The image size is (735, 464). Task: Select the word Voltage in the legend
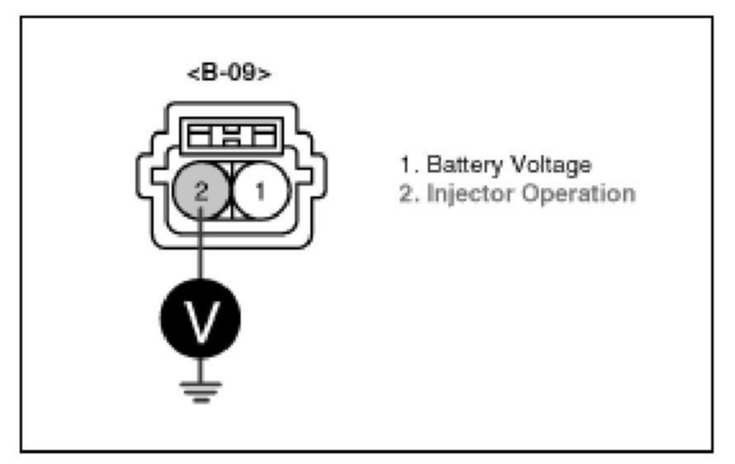[x=549, y=165]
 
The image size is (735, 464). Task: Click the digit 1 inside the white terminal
[x=261, y=192]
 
